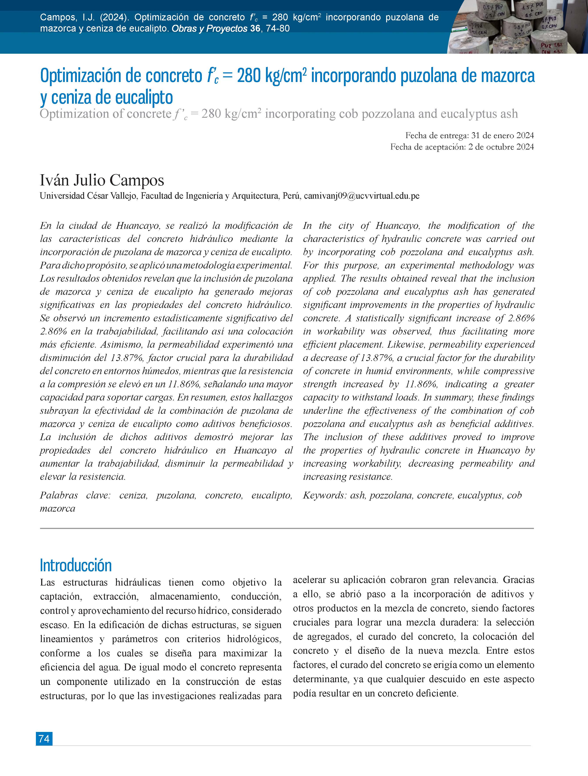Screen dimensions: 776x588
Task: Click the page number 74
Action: [x=44, y=739]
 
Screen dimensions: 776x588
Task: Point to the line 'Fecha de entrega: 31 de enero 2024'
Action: [x=470, y=135]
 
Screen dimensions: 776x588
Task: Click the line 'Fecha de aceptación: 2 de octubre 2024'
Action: [x=462, y=147]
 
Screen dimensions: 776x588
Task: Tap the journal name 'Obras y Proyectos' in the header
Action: [x=209, y=28]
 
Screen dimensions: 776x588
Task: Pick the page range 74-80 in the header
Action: [x=278, y=28]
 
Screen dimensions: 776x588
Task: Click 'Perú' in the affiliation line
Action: [x=291, y=196]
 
